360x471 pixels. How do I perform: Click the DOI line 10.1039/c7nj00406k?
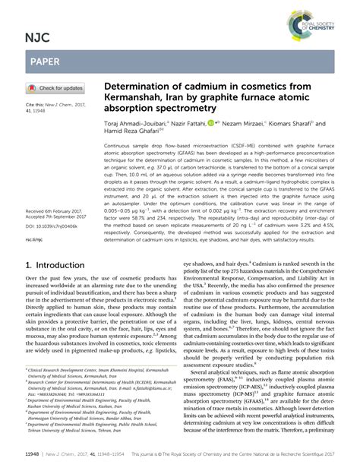point(54,226)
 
